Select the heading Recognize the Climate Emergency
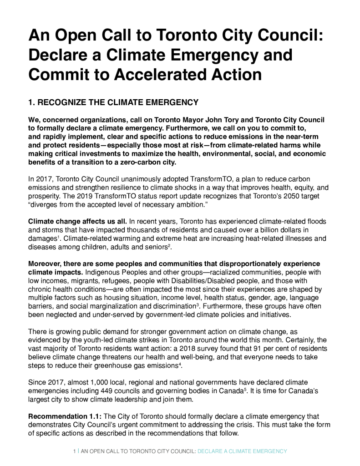(113, 102)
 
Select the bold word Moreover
(44, 264)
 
